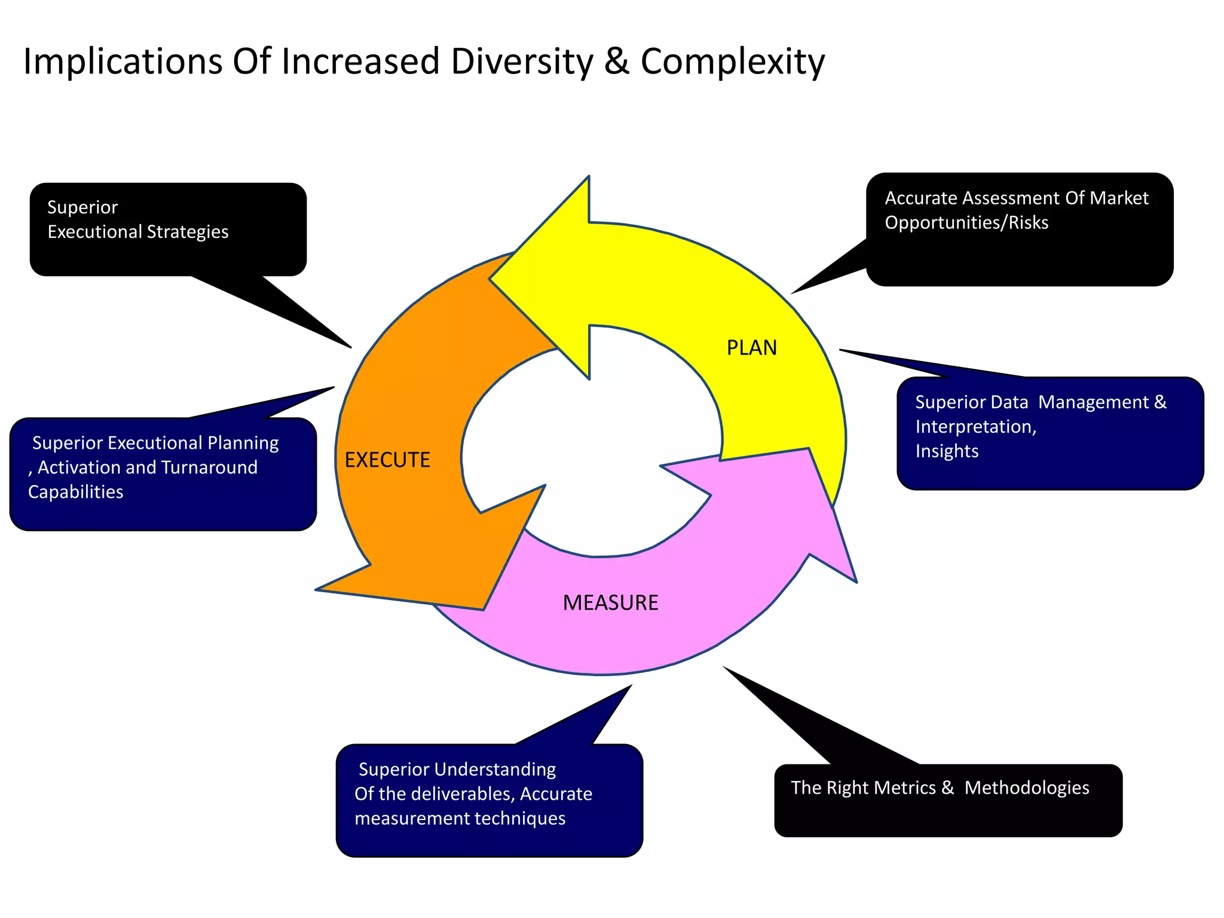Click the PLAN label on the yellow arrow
point(751,348)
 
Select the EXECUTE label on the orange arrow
point(387,460)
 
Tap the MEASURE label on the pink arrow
point(610,602)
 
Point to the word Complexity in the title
point(732,62)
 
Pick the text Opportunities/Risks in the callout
point(966,223)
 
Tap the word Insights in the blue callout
point(947,451)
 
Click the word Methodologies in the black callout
point(1026,788)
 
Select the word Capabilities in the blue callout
point(75,492)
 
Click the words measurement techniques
point(460,818)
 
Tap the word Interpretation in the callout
point(974,427)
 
